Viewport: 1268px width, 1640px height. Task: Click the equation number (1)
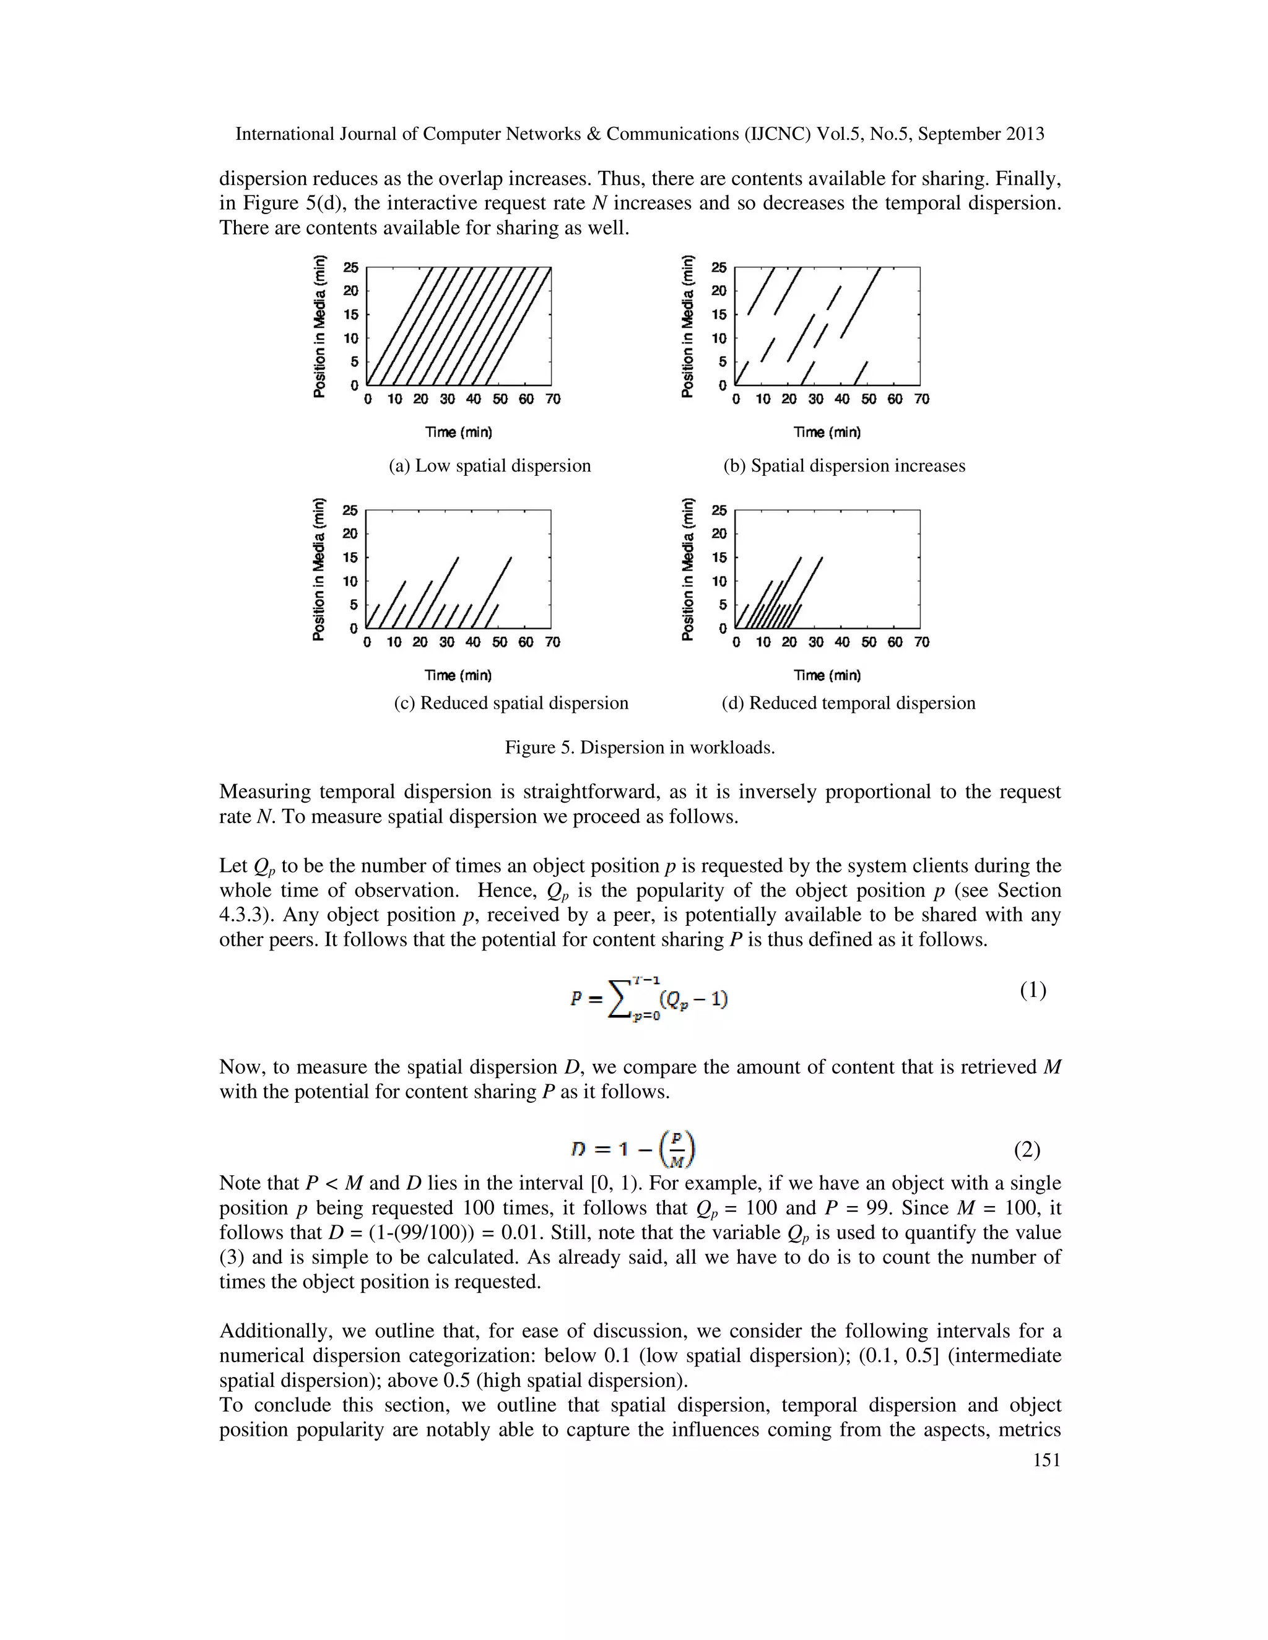1033,990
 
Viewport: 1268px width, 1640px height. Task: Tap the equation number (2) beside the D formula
1027,1149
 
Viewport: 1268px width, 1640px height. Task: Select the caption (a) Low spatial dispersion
490,465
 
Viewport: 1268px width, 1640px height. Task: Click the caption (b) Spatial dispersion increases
844,465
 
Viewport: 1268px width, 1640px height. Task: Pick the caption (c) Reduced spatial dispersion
511,703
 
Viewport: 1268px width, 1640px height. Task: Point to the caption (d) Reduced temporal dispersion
848,703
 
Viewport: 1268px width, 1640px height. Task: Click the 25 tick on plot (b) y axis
719,267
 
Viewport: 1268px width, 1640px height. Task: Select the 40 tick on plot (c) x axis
473,642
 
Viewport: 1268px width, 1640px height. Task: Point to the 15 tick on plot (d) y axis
719,557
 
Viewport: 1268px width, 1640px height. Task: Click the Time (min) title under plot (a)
458,433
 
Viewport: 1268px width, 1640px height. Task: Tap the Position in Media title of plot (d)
687,569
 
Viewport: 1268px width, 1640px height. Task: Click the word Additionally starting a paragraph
275,1331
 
